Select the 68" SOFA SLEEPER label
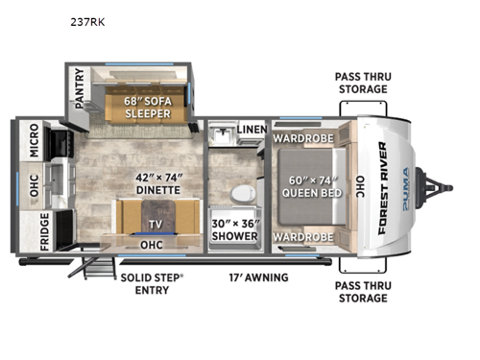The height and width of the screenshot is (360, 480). coord(148,105)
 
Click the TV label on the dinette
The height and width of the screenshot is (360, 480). coord(154,225)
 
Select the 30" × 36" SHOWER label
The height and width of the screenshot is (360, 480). coord(233,228)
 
